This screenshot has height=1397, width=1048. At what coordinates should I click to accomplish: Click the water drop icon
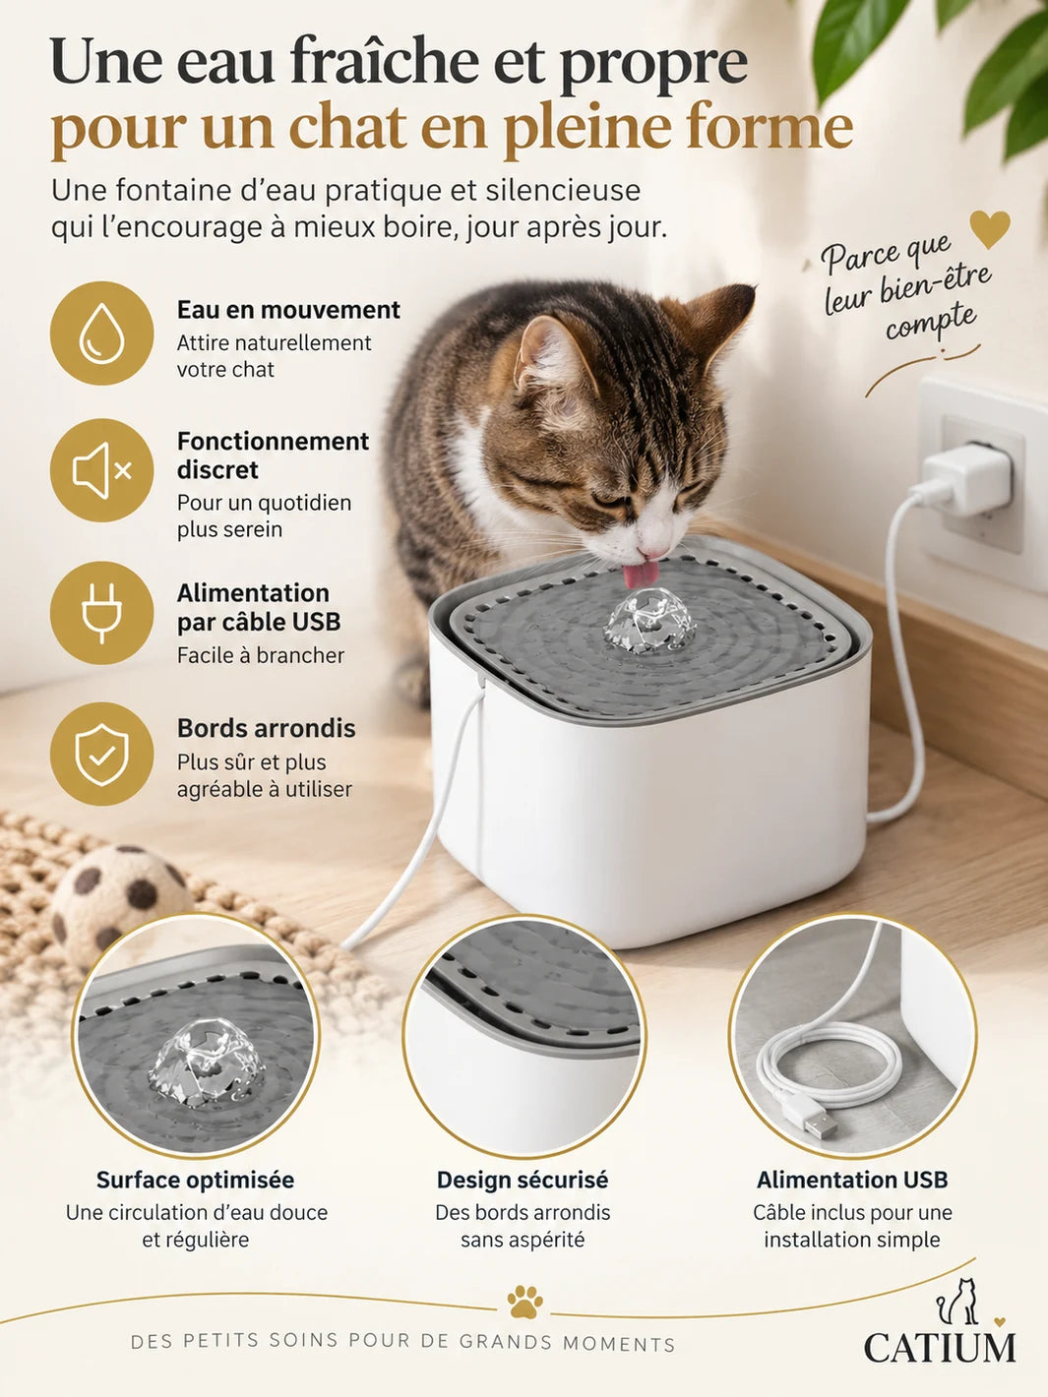101,333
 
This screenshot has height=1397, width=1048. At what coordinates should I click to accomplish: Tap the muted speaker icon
101,470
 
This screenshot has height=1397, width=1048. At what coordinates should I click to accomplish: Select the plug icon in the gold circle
101,613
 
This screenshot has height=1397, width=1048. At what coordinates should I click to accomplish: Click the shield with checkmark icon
101,755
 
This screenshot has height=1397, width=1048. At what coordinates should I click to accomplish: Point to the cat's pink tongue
639,575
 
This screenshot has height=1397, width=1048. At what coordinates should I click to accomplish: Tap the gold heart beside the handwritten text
990,229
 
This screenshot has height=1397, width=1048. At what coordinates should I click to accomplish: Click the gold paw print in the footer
524,1301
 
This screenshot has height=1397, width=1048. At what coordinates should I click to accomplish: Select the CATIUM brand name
939,1348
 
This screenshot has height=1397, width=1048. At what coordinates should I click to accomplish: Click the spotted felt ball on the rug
119,900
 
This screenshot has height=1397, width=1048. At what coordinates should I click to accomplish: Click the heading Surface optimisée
196,1180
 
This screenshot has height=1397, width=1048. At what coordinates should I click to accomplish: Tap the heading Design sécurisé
523,1180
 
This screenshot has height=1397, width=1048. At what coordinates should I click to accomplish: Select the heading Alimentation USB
852,1180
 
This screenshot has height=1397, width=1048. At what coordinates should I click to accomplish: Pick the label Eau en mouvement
288,310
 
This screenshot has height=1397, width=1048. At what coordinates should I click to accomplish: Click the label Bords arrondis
266,729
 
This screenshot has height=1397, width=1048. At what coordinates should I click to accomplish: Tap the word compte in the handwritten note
930,323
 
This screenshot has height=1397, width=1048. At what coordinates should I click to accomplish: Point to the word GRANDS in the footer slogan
505,1342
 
